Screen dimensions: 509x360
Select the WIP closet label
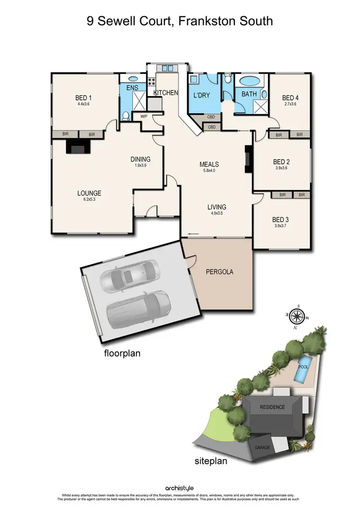[144, 116]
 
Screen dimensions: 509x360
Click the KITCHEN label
[166, 93]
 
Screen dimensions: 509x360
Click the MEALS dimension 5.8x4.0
[209, 171]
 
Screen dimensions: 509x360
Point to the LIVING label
[216, 207]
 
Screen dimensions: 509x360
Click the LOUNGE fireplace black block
[77, 146]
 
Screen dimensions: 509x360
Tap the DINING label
[141, 159]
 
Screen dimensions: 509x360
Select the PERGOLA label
[219, 272]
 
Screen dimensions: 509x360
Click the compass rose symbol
[298, 316]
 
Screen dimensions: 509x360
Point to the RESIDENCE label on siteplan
[272, 407]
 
